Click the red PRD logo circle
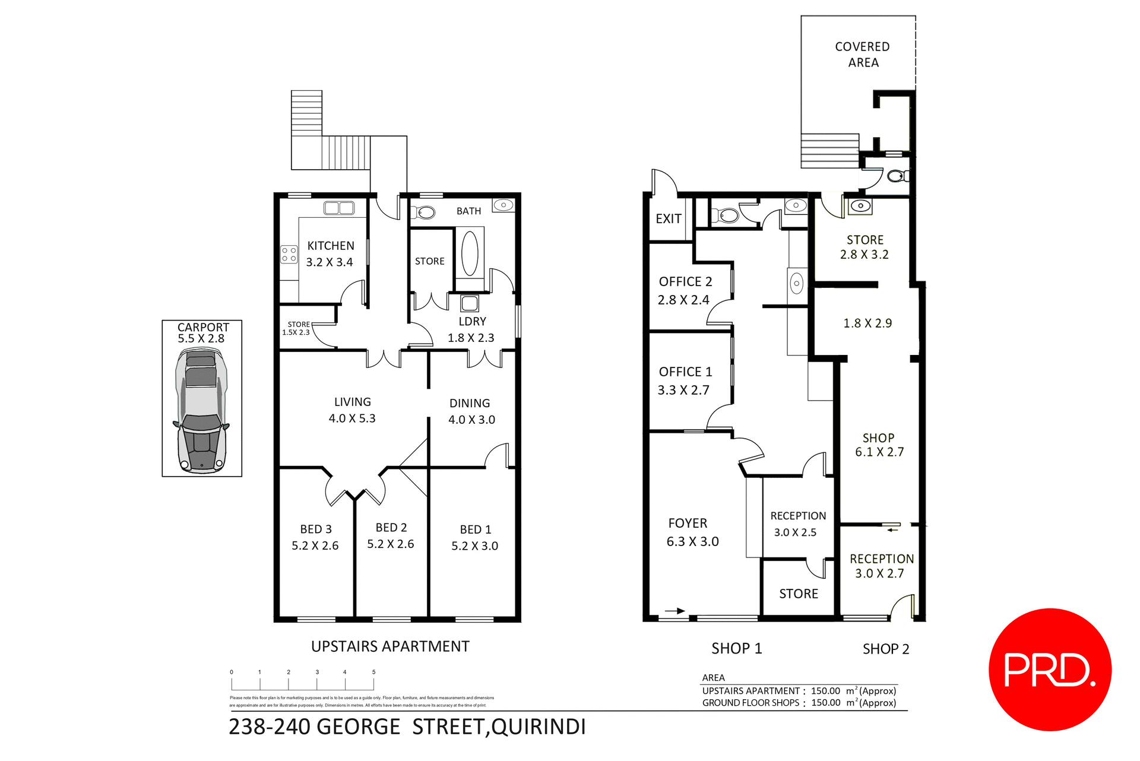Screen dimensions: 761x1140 [1050, 669]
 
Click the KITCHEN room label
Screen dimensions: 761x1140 [331, 246]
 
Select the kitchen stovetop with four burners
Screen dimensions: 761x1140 [289, 255]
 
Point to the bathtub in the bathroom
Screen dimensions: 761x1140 [470, 253]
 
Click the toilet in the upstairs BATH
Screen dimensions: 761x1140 [425, 212]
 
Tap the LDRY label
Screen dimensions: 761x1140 [472, 321]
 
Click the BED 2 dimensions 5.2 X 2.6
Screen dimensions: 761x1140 [391, 544]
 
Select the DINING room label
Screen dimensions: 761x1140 [470, 403]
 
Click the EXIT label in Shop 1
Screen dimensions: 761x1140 [669, 218]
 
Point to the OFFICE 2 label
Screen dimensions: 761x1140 [685, 281]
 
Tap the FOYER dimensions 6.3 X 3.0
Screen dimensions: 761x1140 [692, 541]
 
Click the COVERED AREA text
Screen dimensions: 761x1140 [863, 55]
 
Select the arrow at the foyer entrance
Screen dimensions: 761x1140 [675, 611]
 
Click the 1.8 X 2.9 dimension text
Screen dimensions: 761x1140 [867, 324]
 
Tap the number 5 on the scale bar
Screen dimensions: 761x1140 [373, 672]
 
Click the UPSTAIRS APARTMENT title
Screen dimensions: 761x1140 [390, 646]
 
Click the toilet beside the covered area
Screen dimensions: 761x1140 [897, 176]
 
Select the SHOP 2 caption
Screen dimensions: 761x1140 [886, 649]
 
